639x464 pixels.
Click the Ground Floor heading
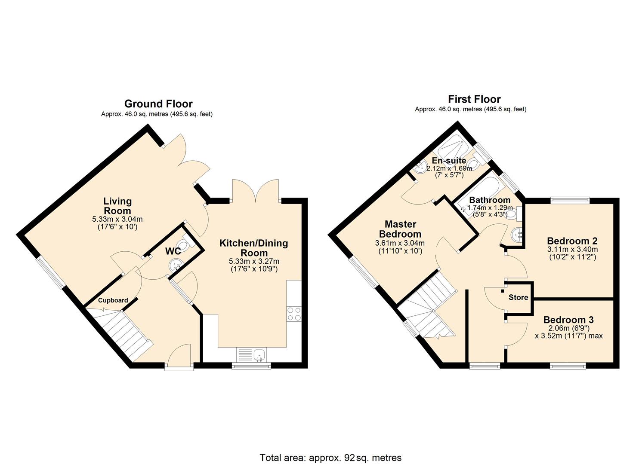158,104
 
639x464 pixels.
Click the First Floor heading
474,99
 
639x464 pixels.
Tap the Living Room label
117,206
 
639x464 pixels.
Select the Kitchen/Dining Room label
253,248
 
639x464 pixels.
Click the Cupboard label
113,300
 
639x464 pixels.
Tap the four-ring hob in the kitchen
294,314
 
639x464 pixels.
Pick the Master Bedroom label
400,229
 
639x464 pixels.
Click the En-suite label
449,161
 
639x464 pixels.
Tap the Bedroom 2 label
572,241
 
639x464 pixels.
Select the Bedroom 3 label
568,320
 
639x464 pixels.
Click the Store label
518,297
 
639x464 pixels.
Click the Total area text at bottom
330,458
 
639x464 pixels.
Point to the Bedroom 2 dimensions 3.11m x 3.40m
572,249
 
